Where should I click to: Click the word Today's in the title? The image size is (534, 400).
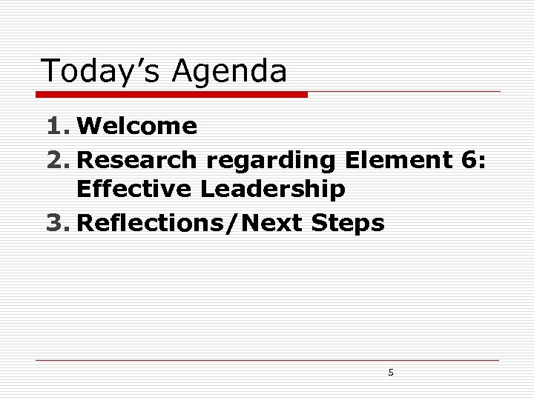pos(102,71)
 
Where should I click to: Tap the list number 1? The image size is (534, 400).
pos(56,127)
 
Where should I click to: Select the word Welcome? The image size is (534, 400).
pos(137,127)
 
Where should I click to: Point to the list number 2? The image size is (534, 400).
pos(56,160)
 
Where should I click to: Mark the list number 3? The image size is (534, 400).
pos(56,223)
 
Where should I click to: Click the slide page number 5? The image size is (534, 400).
pos(391,373)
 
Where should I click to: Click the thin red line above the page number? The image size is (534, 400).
pos(267,361)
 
